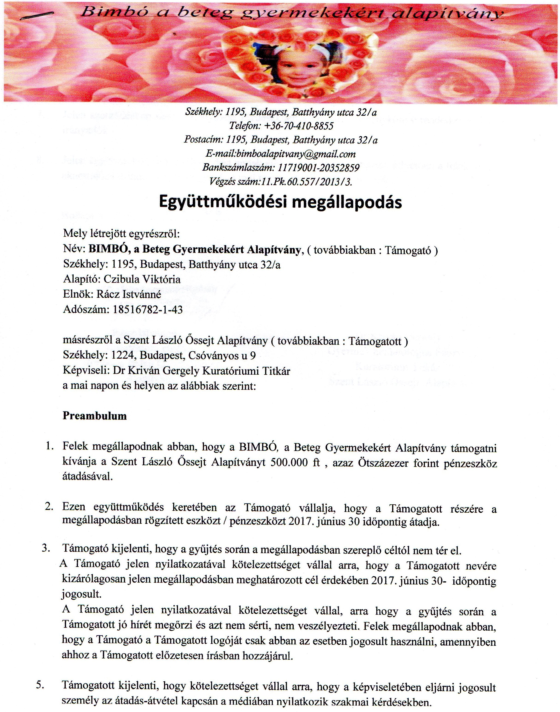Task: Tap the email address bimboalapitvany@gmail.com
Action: click(x=297, y=154)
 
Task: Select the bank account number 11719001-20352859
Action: click(x=318, y=168)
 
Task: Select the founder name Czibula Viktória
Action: click(x=142, y=279)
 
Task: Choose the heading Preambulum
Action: click(x=95, y=416)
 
